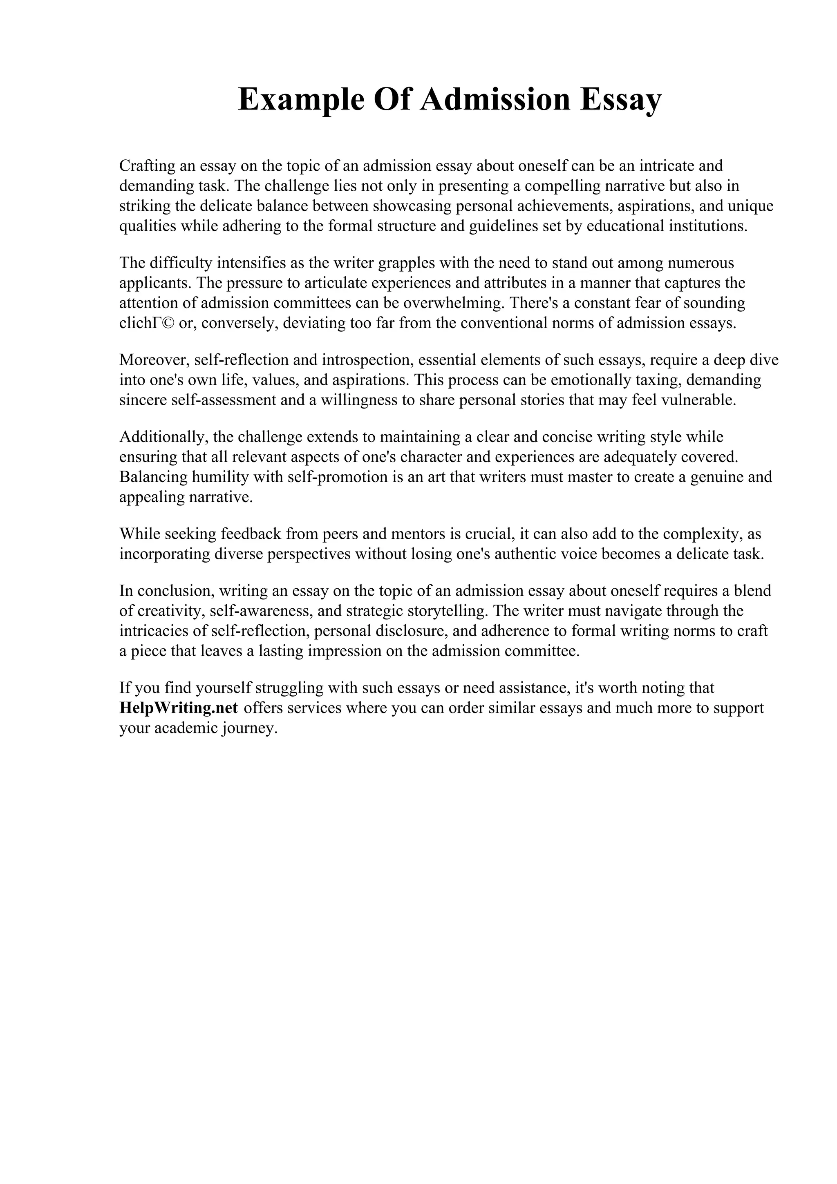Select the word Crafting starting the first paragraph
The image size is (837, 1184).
point(147,165)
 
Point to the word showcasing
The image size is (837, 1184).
point(416,206)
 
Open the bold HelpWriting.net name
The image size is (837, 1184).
point(179,708)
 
